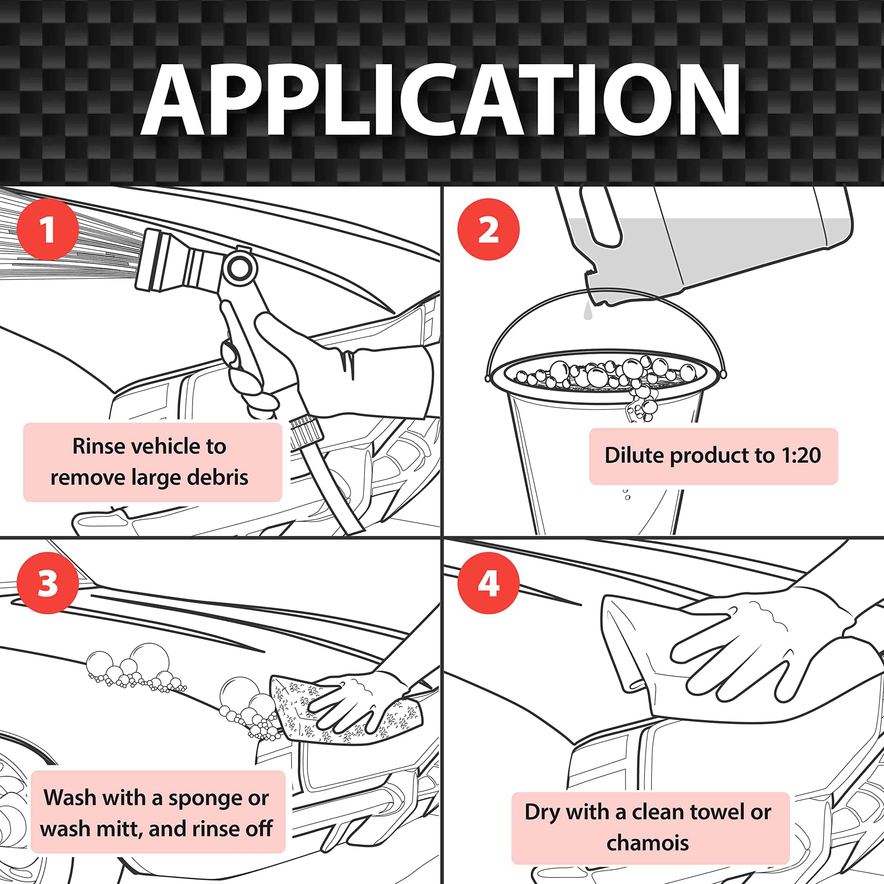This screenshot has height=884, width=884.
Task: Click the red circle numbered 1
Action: tap(48, 229)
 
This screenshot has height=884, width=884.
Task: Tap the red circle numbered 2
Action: tap(488, 229)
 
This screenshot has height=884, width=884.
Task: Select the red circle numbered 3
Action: tap(48, 583)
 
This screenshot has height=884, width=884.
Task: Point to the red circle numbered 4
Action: tap(488, 583)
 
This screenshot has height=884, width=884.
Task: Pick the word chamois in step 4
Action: tap(647, 843)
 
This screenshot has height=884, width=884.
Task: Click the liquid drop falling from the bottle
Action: tap(588, 312)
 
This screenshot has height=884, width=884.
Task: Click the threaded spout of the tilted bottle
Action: tap(595, 288)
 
